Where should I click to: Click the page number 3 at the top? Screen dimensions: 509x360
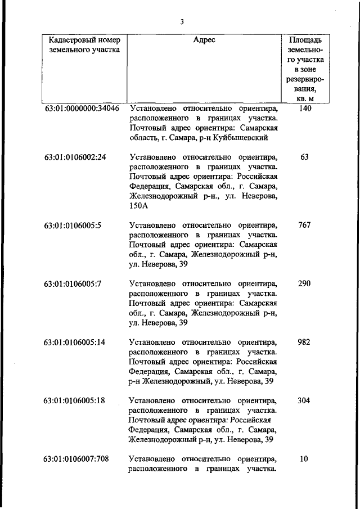[182, 22]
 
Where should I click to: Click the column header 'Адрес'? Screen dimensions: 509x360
[204, 40]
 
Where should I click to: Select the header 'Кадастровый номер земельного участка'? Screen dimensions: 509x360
[81, 44]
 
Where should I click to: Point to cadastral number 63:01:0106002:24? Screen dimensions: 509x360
[75, 157]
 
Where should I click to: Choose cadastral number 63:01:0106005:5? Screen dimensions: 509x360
[73, 226]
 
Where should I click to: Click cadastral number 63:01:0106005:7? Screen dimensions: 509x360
[73, 284]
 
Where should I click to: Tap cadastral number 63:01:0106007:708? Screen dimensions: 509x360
[77, 460]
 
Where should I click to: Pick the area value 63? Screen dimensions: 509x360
[304, 157]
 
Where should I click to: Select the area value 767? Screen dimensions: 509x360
[304, 226]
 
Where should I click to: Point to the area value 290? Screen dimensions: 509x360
[304, 284]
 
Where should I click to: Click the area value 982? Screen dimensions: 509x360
[304, 343]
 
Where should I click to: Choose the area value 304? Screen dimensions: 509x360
[304, 401]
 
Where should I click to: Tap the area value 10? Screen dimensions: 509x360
[304, 460]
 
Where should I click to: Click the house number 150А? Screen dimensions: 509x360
[139, 206]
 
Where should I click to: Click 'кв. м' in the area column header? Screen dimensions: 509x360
[304, 99]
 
